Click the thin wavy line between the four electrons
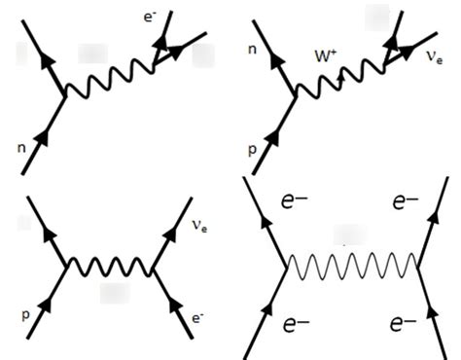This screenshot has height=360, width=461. [x=352, y=261]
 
